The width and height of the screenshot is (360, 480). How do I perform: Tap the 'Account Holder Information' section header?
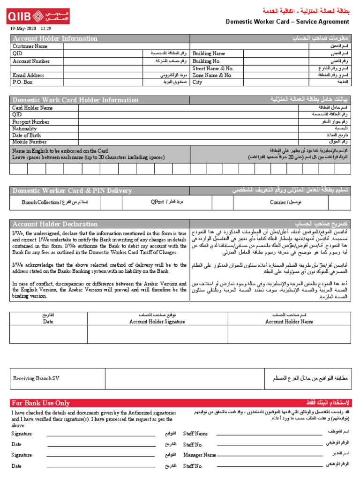point(43,38)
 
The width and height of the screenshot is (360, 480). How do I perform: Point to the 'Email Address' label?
point(28,75)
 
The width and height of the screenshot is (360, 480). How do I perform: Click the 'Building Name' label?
point(209,54)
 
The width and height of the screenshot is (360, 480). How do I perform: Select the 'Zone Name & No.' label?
point(212,75)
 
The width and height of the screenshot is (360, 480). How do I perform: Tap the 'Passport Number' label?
point(31,121)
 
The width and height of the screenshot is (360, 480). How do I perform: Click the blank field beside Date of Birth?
point(187,135)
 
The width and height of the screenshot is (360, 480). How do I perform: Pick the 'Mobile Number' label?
point(30,142)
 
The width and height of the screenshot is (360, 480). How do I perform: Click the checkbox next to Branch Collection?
point(112,202)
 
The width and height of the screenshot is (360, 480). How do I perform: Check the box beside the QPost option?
point(222,202)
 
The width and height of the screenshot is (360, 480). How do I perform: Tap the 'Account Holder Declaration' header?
point(55,224)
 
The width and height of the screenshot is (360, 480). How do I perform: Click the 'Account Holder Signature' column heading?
point(157,322)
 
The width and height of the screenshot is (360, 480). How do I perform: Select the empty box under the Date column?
point(48,334)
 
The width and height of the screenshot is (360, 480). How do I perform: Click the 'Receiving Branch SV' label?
point(37,378)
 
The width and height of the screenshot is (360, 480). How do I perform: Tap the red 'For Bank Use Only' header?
point(41,403)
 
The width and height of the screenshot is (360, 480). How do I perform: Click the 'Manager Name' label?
point(199,455)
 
